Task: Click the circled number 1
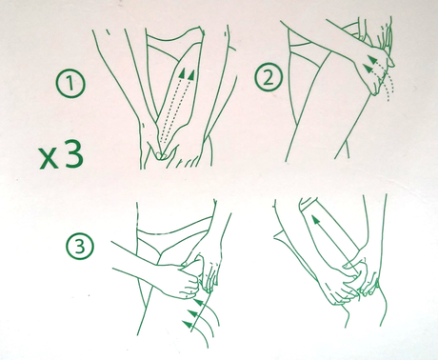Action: [70, 83]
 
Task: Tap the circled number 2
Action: [269, 77]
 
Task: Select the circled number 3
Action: [80, 247]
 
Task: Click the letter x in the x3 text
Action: [49, 158]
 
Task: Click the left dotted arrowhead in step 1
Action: [182, 73]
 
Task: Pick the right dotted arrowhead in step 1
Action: [191, 74]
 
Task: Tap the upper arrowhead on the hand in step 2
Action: [374, 60]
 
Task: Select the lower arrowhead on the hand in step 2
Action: [368, 68]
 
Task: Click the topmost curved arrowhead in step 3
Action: [198, 301]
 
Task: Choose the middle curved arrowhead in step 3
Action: [191, 313]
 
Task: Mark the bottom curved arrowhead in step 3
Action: [188, 325]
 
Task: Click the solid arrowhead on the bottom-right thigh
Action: [314, 220]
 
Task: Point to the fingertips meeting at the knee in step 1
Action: [162, 155]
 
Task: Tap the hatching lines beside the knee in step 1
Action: [189, 163]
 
